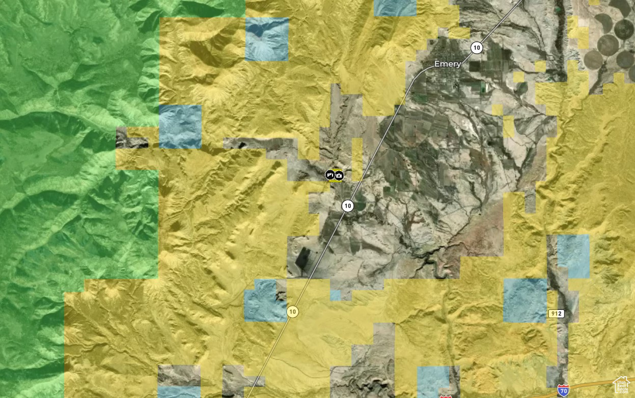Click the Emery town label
point(448,64)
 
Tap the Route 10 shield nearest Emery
point(477,48)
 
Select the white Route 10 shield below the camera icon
point(347,206)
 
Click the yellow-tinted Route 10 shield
point(292,311)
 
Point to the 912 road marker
point(557,314)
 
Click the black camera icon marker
point(339,175)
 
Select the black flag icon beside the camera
point(330,175)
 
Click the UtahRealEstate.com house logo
point(622,385)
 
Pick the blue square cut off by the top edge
point(395,8)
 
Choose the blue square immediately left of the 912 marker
point(525,300)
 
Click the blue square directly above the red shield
point(433,381)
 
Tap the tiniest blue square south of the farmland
point(335,295)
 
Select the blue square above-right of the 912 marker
point(573,257)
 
